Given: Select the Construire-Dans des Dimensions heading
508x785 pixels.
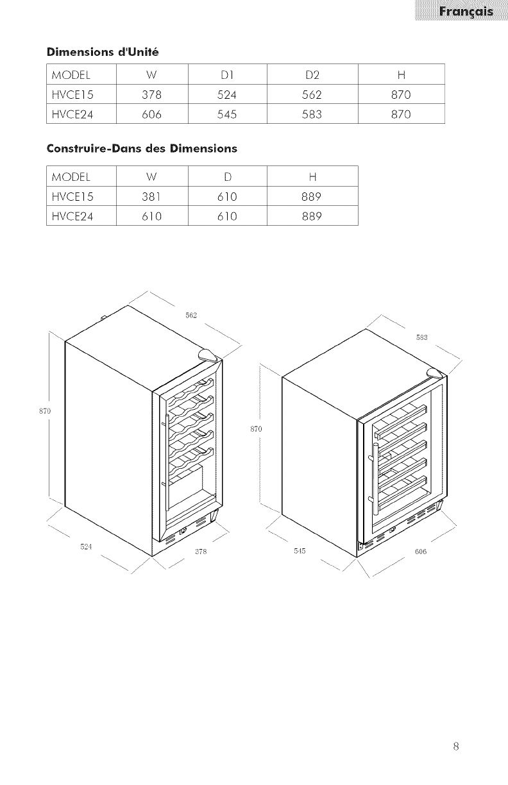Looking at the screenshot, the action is click(142, 149).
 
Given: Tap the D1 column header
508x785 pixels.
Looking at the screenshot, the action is click(226, 76).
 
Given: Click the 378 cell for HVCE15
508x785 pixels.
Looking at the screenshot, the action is click(151, 96).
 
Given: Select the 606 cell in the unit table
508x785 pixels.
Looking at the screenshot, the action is click(151, 115).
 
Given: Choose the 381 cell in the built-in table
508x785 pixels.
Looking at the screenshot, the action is click(151, 196).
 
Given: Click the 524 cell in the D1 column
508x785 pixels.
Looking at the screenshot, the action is click(226, 96).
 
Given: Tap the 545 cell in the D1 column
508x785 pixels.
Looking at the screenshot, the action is click(226, 115).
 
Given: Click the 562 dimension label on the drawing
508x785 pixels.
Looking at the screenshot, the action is click(190, 315).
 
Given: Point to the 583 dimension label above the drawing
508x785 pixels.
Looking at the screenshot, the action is click(422, 338).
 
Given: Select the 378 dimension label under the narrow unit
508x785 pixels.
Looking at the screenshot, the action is click(199, 552).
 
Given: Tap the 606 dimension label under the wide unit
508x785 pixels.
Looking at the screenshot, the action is click(421, 552).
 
